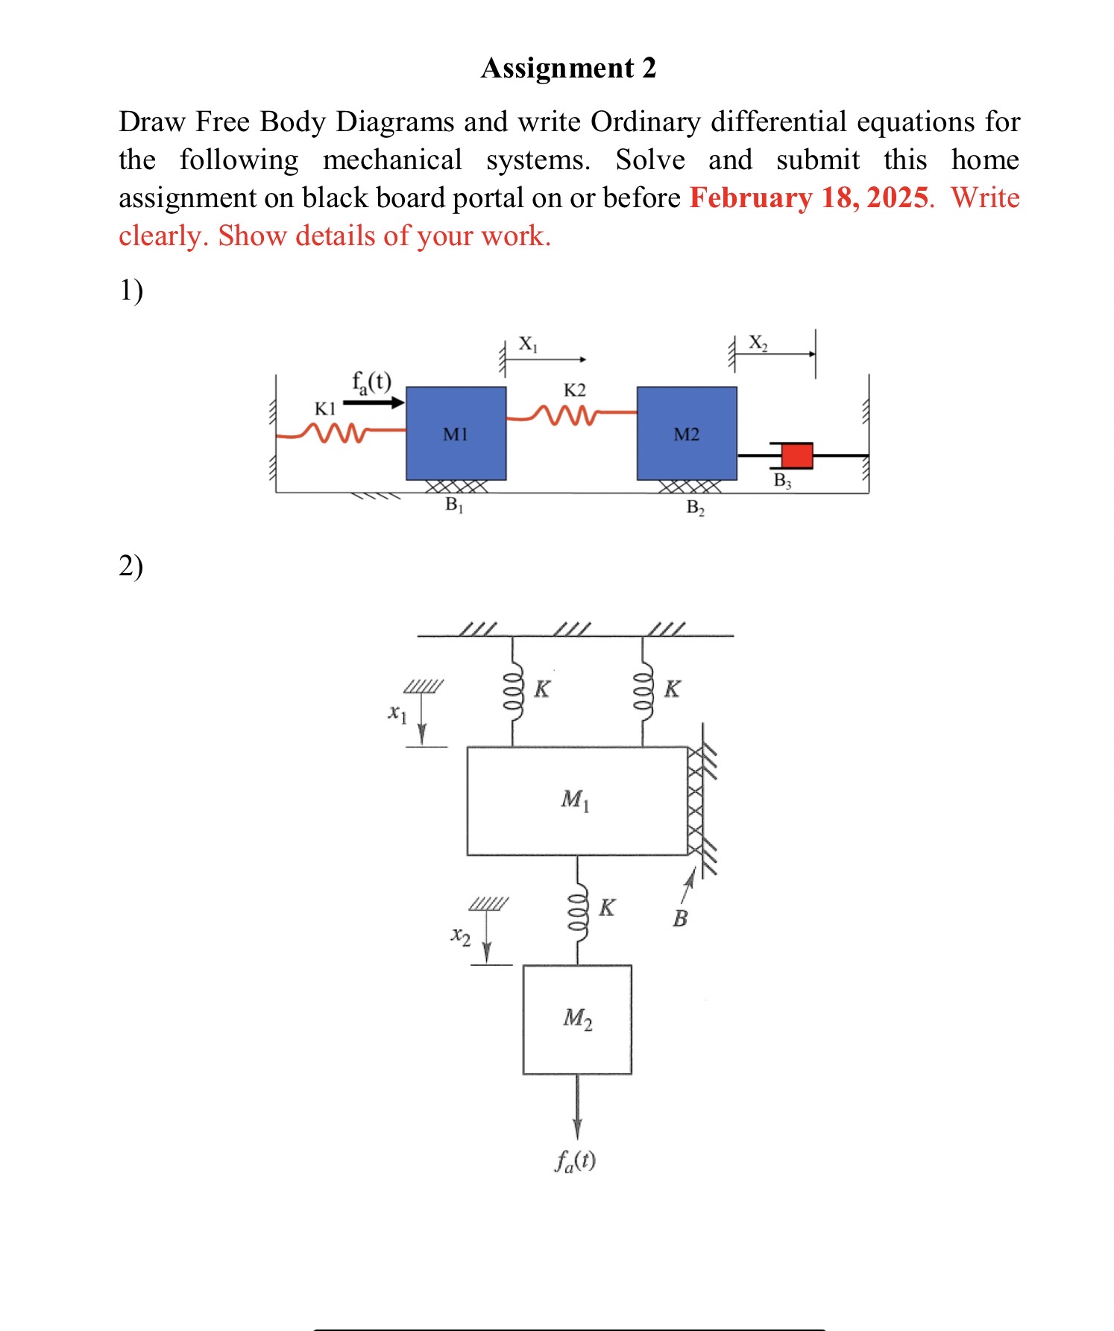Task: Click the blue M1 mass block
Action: click(x=456, y=433)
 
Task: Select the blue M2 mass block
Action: click(x=686, y=433)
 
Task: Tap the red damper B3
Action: click(x=796, y=455)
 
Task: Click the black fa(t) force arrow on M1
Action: click(x=374, y=402)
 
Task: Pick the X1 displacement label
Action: click(x=528, y=344)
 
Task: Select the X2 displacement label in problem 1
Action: click(x=758, y=343)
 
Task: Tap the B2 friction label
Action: click(x=695, y=508)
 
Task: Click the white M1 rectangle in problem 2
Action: click(x=576, y=800)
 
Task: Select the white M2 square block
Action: click(x=577, y=1019)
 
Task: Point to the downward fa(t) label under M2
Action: click(x=575, y=1161)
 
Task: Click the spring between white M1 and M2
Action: click(x=577, y=910)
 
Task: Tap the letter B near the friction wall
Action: click(x=680, y=918)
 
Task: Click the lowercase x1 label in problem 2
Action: click(x=397, y=713)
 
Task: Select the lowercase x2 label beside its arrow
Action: click(x=461, y=936)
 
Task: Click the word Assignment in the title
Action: click(x=557, y=68)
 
